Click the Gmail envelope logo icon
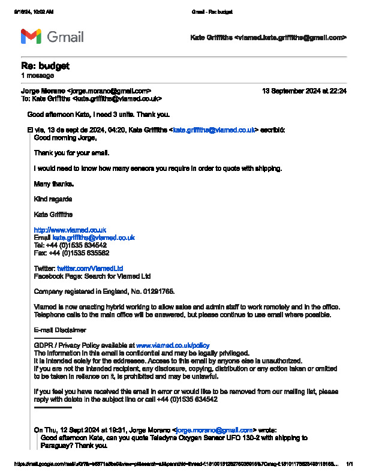tap(31, 37)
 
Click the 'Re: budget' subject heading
tap(45, 66)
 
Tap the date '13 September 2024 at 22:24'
tap(304, 91)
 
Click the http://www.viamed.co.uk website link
tap(70, 230)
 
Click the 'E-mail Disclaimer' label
tap(60, 330)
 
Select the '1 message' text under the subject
tap(37, 76)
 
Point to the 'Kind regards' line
tap(53, 199)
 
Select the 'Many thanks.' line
tap(54, 184)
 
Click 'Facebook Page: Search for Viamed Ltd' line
tap(92, 276)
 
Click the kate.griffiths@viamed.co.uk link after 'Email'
tap(94, 237)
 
